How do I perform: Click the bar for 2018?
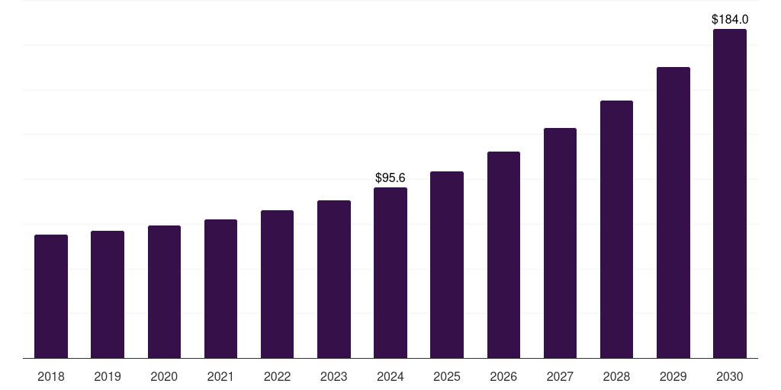tap(51, 296)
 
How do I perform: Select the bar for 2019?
tap(108, 294)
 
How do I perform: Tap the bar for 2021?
tap(220, 289)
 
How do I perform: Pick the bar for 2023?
tap(334, 279)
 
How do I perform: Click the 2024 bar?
tap(390, 273)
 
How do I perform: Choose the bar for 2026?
tap(503, 254)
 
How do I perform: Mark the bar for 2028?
tap(616, 229)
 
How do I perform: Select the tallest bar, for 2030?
tap(730, 193)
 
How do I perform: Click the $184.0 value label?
tap(730, 19)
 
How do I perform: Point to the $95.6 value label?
tap(390, 177)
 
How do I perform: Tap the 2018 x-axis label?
tap(51, 376)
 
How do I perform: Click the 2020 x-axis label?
tap(164, 376)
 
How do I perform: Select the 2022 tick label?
tap(277, 376)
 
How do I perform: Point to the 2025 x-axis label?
tap(447, 376)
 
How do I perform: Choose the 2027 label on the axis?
tap(560, 376)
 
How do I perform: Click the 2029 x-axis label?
tap(673, 376)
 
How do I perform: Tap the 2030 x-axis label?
tap(730, 376)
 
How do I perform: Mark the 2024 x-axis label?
tap(390, 376)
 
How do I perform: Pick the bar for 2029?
tap(673, 213)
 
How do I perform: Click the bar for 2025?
tap(447, 264)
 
